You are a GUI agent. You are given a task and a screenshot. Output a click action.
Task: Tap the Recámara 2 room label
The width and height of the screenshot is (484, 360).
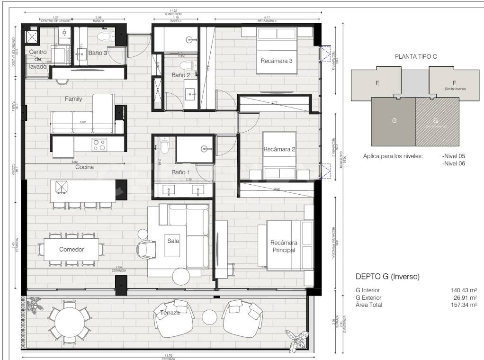tap(279, 149)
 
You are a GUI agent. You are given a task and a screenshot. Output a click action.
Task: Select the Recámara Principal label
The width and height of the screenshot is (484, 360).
tap(283, 246)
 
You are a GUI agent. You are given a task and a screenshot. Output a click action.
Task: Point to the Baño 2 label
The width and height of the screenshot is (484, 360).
tap(180, 75)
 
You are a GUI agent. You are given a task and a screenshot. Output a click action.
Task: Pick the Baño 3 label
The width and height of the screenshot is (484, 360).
tap(98, 53)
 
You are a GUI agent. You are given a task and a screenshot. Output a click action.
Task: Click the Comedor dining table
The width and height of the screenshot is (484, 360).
tap(72, 249)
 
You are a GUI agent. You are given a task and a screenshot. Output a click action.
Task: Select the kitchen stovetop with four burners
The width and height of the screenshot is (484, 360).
tap(99, 144)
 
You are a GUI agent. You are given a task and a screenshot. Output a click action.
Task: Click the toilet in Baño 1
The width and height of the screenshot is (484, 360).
tap(164, 146)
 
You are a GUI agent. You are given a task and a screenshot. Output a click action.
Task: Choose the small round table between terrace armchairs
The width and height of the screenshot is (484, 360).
tap(210, 316)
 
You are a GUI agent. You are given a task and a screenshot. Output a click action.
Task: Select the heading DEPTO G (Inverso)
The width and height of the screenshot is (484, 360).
tap(387, 276)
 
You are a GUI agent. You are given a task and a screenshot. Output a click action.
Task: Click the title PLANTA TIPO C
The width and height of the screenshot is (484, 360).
tap(415, 56)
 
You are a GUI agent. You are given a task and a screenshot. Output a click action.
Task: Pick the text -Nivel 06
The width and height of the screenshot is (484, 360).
tap(454, 163)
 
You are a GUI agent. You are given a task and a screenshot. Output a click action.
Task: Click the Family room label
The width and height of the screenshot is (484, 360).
tap(73, 99)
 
